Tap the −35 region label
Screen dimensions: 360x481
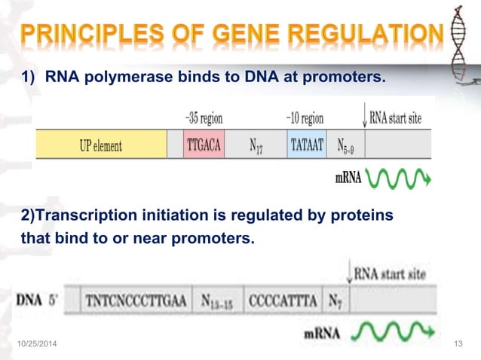click(204, 118)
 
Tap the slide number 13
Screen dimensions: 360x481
click(457, 344)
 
